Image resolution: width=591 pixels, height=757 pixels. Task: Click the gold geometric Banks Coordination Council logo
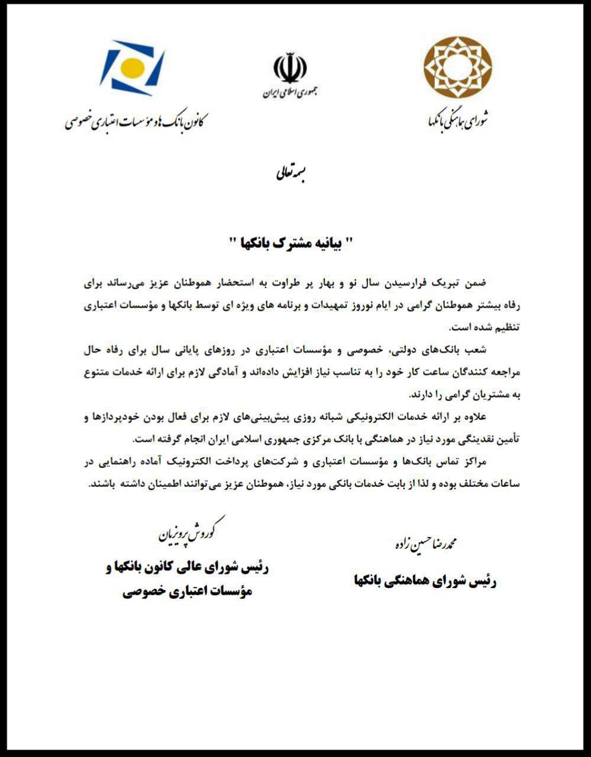pyautogui.click(x=457, y=67)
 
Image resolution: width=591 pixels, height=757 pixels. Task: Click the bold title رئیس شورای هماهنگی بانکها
pyautogui.click(x=425, y=581)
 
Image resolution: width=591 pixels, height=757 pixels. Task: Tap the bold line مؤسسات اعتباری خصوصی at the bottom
pyautogui.click(x=188, y=591)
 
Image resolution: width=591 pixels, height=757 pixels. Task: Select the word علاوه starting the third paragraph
pyautogui.click(x=473, y=418)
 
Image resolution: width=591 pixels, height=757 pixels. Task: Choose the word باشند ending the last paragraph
pyautogui.click(x=102, y=484)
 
